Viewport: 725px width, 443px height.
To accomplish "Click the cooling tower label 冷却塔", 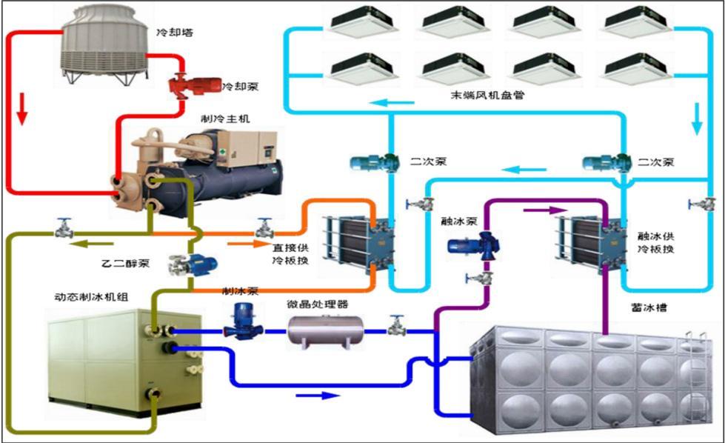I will click(x=171, y=33).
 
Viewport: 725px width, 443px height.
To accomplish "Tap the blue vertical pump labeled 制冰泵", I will click(x=241, y=321).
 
